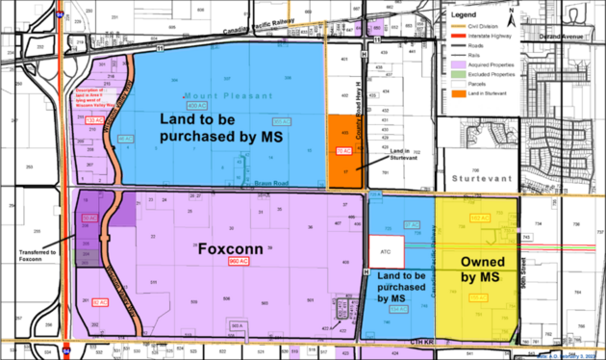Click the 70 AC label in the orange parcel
(341, 149)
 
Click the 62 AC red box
(100, 302)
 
